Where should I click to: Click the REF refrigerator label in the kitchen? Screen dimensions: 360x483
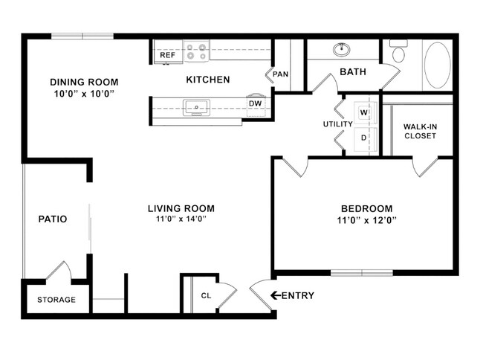[167, 55]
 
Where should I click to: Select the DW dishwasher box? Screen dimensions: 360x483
[254, 103]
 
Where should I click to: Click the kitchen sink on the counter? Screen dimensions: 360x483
[197, 107]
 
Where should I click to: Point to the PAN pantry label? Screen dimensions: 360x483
[280, 74]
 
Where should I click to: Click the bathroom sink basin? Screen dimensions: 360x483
[342, 50]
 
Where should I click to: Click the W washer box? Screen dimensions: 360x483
[364, 112]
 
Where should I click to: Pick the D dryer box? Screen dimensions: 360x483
[364, 138]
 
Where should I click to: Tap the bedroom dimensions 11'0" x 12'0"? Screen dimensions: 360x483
[366, 220]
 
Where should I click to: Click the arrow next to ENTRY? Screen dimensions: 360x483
[275, 295]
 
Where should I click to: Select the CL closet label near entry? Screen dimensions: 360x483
[206, 295]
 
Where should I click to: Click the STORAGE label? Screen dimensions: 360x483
[56, 300]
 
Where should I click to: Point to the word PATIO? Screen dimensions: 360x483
[53, 219]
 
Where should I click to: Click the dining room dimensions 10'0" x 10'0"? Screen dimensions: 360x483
[84, 94]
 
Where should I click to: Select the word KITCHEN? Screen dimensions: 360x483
[207, 80]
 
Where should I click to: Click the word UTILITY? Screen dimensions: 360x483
[337, 124]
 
